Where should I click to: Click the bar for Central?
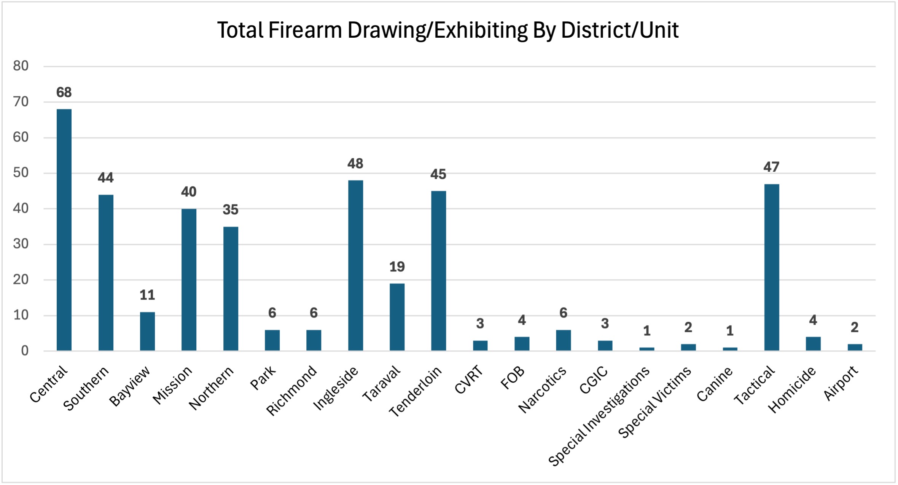(x=64, y=230)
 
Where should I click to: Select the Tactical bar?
(x=771, y=267)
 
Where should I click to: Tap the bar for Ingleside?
(x=355, y=265)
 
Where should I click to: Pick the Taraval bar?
(x=397, y=317)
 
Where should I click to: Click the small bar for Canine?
(x=730, y=349)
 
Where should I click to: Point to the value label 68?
(x=64, y=92)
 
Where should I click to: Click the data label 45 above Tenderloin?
(x=438, y=174)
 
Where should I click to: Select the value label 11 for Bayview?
(x=147, y=295)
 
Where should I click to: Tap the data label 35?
(x=230, y=210)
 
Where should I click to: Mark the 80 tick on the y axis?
(x=21, y=66)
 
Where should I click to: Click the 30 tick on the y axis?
(x=21, y=244)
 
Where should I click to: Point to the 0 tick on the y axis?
(x=25, y=351)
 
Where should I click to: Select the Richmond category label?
(x=291, y=390)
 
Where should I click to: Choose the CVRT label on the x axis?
(x=469, y=380)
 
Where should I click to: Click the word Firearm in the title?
(x=305, y=30)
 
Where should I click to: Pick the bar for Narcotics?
(x=563, y=340)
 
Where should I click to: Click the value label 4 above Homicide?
(x=813, y=320)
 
